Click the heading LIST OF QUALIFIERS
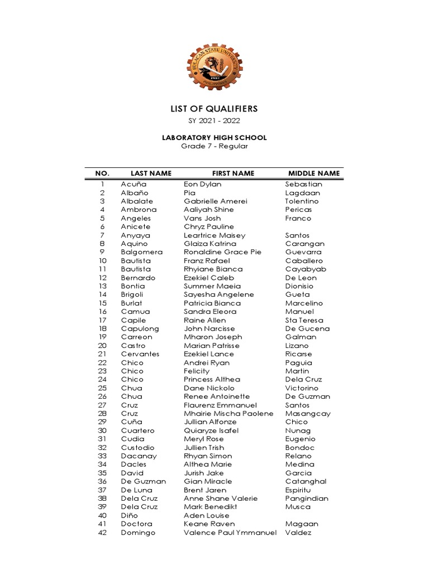[214, 109]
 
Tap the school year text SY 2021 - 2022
[214, 121]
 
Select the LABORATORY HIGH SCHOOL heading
[214, 138]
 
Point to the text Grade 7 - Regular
[214, 146]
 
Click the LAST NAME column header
[151, 173]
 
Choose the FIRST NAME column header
[233, 173]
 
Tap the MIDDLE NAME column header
[313, 173]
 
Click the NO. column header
[103, 173]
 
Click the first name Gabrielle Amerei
[215, 201]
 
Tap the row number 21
[102, 354]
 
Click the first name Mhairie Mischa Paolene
[228, 414]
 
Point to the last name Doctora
[136, 524]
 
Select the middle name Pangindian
[307, 499]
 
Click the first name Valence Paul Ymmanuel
[230, 533]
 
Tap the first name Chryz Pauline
[208, 227]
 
